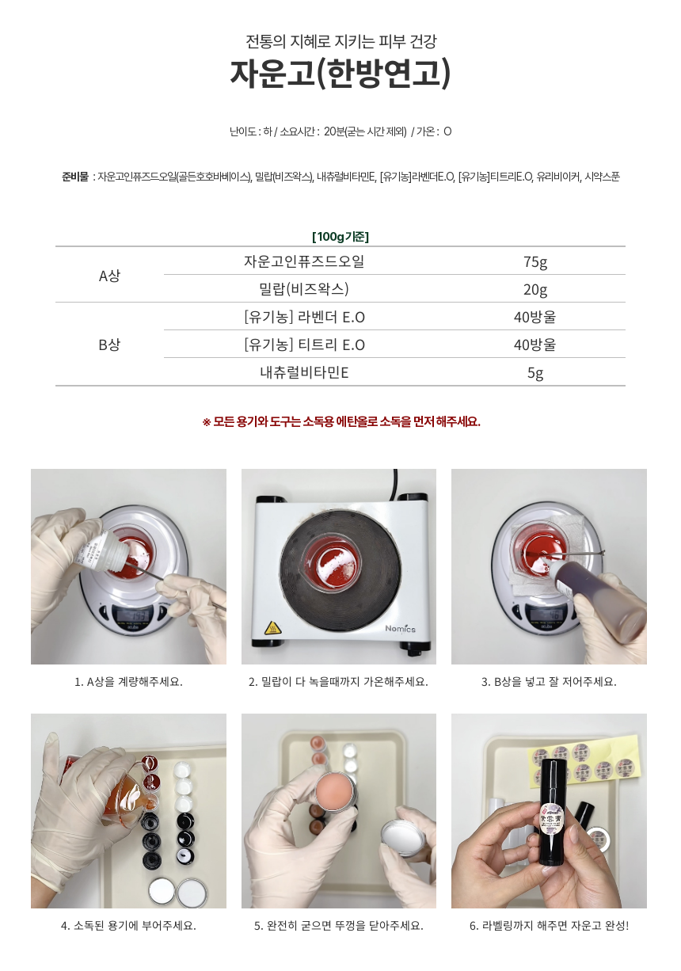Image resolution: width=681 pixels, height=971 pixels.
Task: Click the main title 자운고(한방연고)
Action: click(x=340, y=73)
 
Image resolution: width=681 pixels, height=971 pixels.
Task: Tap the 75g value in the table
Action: click(x=535, y=262)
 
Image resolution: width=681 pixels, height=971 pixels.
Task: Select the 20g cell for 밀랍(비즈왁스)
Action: click(x=535, y=290)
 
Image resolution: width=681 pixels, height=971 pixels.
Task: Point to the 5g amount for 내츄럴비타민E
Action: click(x=535, y=373)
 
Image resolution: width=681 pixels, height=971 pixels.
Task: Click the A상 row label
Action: click(x=109, y=276)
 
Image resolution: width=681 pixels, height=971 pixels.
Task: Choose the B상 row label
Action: click(x=109, y=345)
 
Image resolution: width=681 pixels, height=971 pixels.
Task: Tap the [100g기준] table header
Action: click(x=340, y=237)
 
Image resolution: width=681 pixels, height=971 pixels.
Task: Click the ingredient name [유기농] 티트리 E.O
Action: click(x=304, y=345)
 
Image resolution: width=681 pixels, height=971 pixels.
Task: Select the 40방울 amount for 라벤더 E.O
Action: click(x=535, y=317)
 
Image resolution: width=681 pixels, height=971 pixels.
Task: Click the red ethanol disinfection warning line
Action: click(x=341, y=421)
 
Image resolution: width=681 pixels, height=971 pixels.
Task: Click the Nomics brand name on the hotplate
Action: click(x=400, y=628)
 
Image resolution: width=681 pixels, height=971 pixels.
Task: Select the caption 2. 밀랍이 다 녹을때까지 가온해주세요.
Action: click(x=338, y=682)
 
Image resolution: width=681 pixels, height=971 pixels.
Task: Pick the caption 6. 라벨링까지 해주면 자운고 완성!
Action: click(x=549, y=926)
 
